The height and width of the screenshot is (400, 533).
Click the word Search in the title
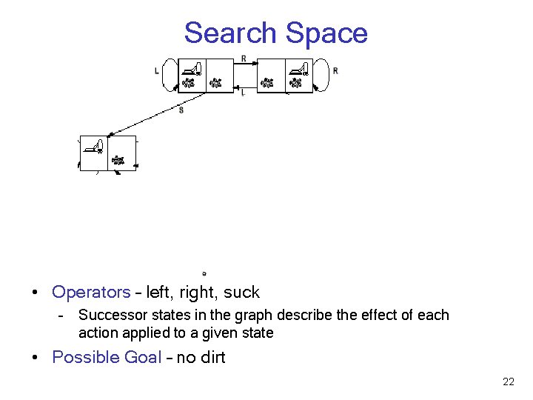[230, 33]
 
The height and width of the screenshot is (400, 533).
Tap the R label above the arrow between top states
[244, 59]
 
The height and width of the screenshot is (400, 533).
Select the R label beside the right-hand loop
[335, 71]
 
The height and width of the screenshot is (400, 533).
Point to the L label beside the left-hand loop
[157, 71]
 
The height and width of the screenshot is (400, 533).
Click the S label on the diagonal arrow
[181, 110]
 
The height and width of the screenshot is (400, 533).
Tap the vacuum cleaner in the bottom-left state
[94, 146]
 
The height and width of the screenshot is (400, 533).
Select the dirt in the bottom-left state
[117, 159]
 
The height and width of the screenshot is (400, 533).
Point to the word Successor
[110, 315]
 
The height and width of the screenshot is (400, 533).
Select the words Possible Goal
[107, 357]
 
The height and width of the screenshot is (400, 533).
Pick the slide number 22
[508, 381]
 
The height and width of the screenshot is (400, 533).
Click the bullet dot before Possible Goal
[36, 357]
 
